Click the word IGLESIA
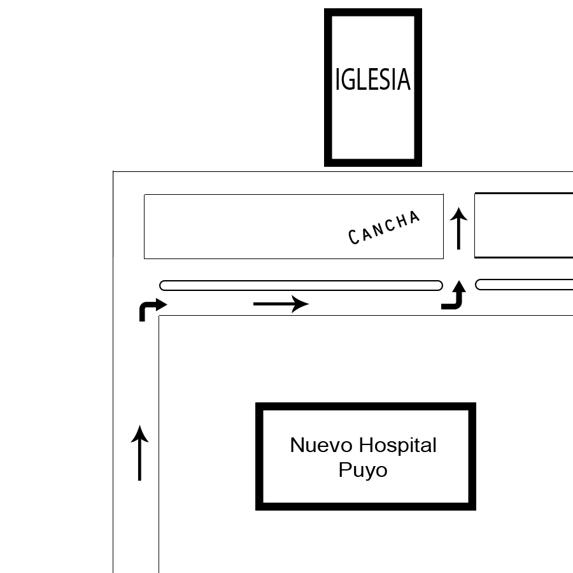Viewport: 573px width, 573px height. [373, 79]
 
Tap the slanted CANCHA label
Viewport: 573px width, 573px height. [384, 227]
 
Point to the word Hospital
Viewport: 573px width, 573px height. [397, 446]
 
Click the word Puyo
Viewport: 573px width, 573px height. [363, 470]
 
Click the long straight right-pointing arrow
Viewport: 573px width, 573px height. [281, 304]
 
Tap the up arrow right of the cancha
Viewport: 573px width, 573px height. [458, 229]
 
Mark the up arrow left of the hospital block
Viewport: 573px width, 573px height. [139, 453]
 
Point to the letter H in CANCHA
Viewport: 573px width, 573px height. [404, 221]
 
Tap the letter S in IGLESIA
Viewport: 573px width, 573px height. [386, 80]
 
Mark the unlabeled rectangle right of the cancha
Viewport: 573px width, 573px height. [524, 225]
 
